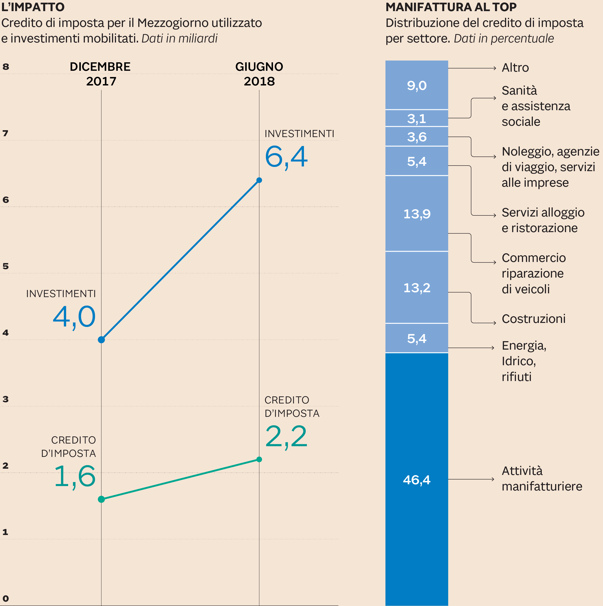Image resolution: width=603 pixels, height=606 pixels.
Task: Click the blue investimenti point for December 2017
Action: coord(101,340)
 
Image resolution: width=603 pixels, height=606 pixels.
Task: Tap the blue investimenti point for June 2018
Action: coord(259,180)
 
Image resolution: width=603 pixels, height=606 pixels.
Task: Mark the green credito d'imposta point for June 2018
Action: coord(259,460)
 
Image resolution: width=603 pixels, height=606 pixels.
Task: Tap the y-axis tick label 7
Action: coord(5,133)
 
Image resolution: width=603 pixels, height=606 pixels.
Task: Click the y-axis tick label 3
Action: coord(5,399)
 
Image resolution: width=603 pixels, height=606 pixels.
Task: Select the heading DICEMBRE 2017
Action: coord(100,74)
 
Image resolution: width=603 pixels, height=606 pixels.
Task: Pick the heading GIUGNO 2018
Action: coord(259,74)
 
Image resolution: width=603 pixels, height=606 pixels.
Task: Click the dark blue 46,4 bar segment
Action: coord(417,480)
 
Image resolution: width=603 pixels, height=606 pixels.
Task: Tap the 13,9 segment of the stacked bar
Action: coord(417,214)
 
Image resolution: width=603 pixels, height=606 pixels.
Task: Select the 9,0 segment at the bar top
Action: coord(417,85)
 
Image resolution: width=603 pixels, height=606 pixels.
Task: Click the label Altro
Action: coord(515,68)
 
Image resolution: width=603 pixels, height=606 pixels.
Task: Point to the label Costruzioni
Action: coord(533,319)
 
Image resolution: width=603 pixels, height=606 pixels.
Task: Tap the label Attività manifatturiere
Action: coord(542,479)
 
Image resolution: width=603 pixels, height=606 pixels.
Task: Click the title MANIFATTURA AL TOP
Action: coord(451,7)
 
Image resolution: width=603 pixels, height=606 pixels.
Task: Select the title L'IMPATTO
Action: coord(33,7)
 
